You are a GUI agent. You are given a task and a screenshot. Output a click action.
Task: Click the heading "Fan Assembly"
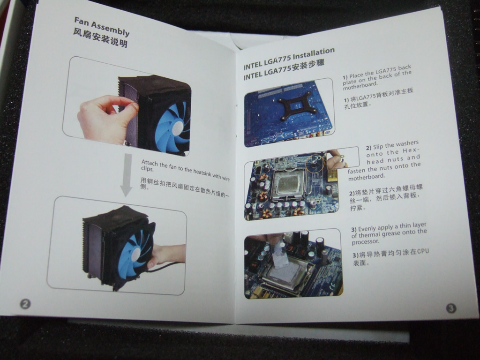pyautogui.click(x=102, y=27)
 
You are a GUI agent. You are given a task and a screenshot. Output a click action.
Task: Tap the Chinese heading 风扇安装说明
pyautogui.click(x=100, y=38)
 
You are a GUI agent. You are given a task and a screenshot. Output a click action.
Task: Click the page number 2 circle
pyautogui.click(x=25, y=304)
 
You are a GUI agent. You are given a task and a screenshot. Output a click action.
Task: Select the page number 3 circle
pyautogui.click(x=451, y=308)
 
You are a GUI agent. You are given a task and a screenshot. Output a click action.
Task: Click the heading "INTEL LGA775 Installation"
pyautogui.click(x=289, y=59)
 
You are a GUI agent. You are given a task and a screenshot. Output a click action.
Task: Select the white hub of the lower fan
pyautogui.click(x=135, y=255)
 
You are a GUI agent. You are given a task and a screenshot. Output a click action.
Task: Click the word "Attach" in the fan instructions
pyautogui.click(x=149, y=163)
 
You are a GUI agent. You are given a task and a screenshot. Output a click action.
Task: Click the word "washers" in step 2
pyautogui.click(x=407, y=144)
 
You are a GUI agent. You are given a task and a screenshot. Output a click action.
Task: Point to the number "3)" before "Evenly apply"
pyautogui.click(x=354, y=229)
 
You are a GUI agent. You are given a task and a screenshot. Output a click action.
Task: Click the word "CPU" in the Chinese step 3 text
pyautogui.click(x=423, y=252)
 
